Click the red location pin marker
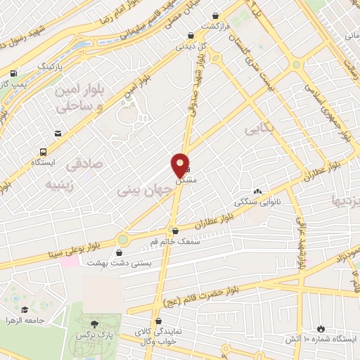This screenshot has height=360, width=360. (x=180, y=165)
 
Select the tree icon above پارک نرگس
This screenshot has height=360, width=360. (x=95, y=324)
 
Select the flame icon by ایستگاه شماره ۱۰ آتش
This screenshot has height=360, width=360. (x=321, y=328)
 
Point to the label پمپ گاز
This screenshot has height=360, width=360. (x=14, y=84)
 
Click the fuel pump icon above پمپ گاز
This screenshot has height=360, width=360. (x=13, y=73)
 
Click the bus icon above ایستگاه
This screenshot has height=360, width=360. (x=44, y=151)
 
